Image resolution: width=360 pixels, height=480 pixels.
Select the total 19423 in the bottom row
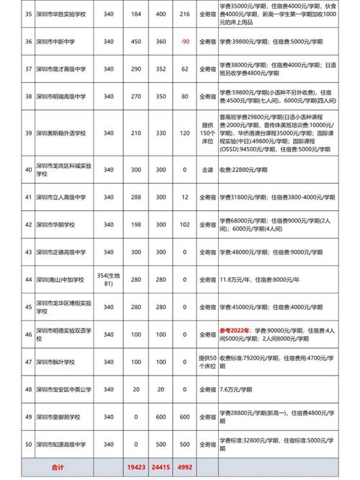tap(141, 468)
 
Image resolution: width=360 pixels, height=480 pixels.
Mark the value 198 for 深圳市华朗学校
tap(141, 225)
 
